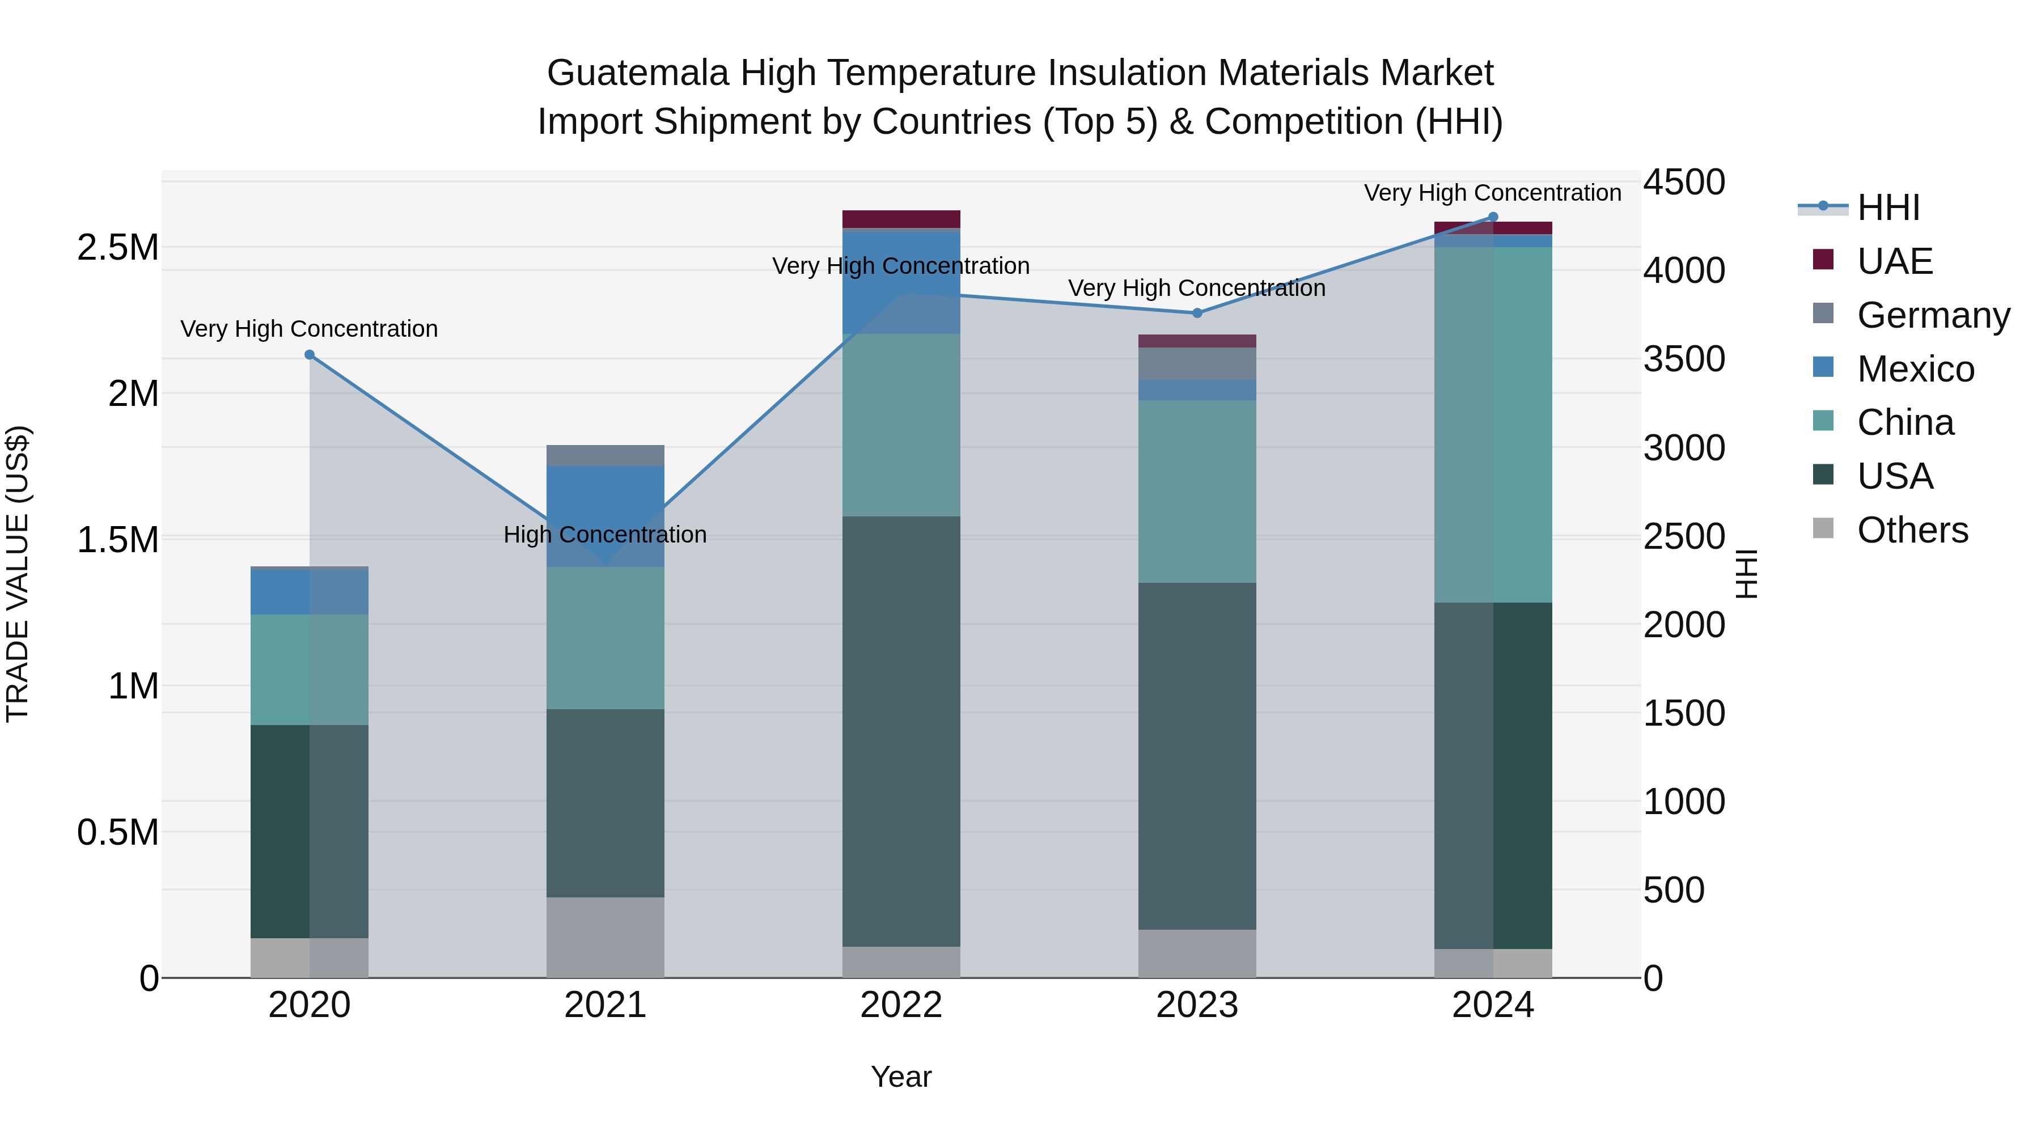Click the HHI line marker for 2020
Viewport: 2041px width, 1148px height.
coord(309,355)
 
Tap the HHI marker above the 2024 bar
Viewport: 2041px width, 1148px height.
coord(1493,217)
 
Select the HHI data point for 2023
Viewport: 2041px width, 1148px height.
coord(1197,313)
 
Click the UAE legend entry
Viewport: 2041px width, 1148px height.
coord(1894,261)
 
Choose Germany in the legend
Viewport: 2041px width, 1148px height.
coord(1933,315)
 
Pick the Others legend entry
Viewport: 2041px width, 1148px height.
coord(1912,530)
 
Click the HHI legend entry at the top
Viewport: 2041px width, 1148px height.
coord(1887,207)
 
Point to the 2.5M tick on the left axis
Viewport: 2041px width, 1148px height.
coord(118,248)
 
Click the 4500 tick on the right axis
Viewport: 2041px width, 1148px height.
coord(1684,182)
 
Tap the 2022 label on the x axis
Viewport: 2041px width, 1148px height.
coord(901,1005)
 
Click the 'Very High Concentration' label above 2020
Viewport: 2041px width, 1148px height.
coord(309,329)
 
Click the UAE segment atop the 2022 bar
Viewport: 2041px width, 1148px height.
coord(901,219)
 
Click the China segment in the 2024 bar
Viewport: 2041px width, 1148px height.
coord(1493,425)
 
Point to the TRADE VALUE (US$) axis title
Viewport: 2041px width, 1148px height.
coord(18,574)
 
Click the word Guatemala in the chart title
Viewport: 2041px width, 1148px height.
coord(637,73)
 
